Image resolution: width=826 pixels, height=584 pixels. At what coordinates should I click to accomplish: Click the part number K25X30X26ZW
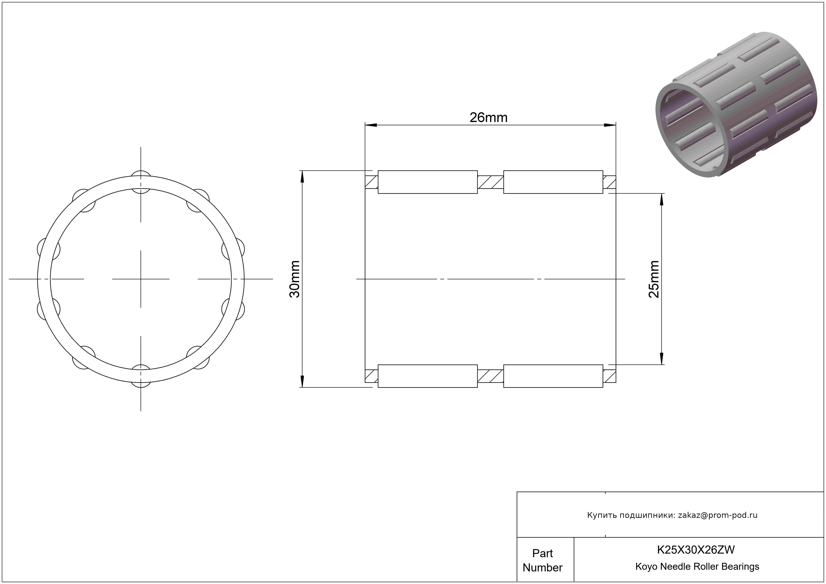click(x=696, y=549)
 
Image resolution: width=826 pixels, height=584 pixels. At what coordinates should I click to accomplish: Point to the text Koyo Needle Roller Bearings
click(x=697, y=566)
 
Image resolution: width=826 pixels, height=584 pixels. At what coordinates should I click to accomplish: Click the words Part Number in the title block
click(x=542, y=560)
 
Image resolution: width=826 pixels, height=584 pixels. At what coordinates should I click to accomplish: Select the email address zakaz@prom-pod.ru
click(x=718, y=515)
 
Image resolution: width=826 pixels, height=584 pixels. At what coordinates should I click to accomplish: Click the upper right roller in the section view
click(x=553, y=182)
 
